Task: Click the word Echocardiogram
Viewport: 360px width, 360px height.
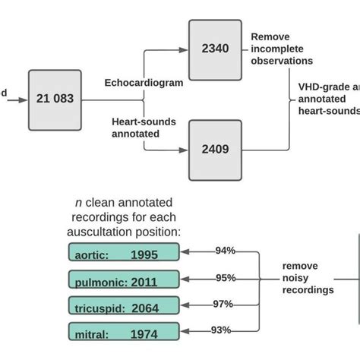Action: click(143, 83)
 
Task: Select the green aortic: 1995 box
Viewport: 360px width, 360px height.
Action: click(124, 254)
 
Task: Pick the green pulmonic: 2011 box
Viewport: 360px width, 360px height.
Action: click(124, 280)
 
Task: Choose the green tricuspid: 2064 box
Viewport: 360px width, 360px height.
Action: click(124, 305)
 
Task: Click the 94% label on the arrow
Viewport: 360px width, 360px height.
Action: click(224, 251)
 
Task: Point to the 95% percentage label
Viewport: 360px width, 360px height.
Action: click(224, 277)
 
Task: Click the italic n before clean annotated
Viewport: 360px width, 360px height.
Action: click(77, 202)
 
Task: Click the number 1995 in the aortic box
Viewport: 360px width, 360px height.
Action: click(146, 254)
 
